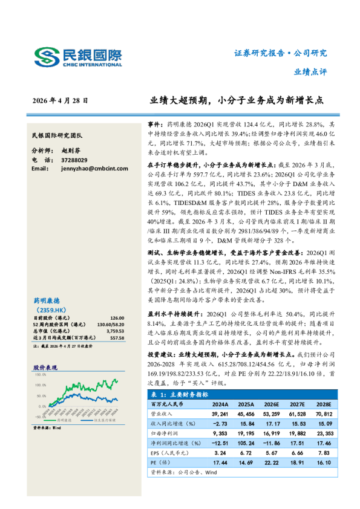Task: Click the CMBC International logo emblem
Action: pos(45,57)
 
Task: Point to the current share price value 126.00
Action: pos(116,318)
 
